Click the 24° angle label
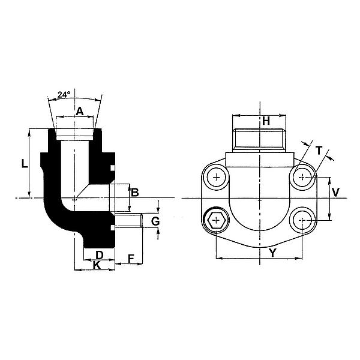click(x=64, y=95)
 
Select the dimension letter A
click(x=80, y=112)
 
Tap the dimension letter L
click(x=25, y=164)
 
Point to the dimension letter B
click(x=135, y=193)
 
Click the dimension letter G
click(x=155, y=221)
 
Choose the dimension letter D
click(x=99, y=255)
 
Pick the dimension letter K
click(x=97, y=265)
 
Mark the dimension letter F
click(x=131, y=259)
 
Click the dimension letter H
click(x=266, y=121)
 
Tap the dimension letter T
click(x=319, y=151)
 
